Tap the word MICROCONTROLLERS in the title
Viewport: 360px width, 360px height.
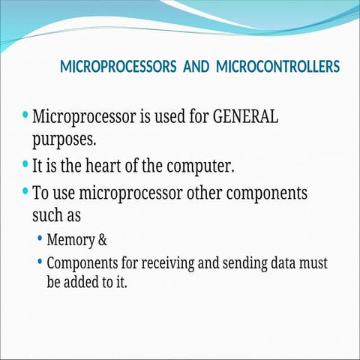pyautogui.click(x=277, y=67)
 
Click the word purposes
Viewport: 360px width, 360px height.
pyautogui.click(x=64, y=139)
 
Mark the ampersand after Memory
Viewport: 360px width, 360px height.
pyautogui.click(x=103, y=241)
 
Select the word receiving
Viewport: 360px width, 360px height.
pyautogui.click(x=174, y=265)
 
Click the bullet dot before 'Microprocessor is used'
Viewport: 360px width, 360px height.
pyautogui.click(x=26, y=116)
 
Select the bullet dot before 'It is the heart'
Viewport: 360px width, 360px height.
pyautogui.click(x=26, y=163)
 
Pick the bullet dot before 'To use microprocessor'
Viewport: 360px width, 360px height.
pyautogui.click(x=26, y=191)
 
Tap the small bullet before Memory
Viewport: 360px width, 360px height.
pyautogui.click(x=40, y=240)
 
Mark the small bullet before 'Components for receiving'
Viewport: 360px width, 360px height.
pyautogui.click(x=40, y=263)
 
